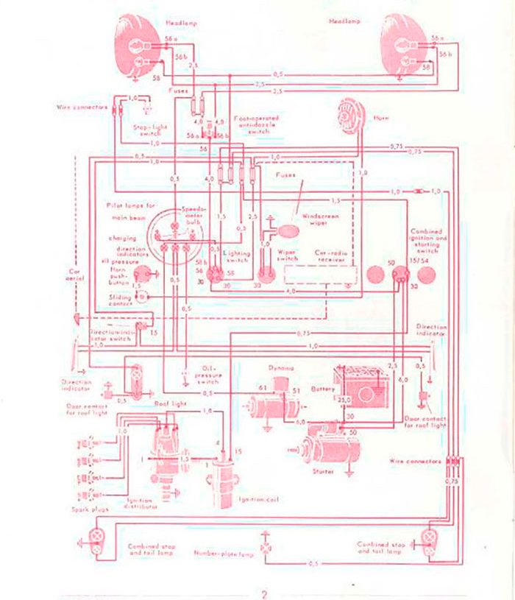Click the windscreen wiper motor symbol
[x=288, y=231]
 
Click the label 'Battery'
[x=323, y=389]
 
